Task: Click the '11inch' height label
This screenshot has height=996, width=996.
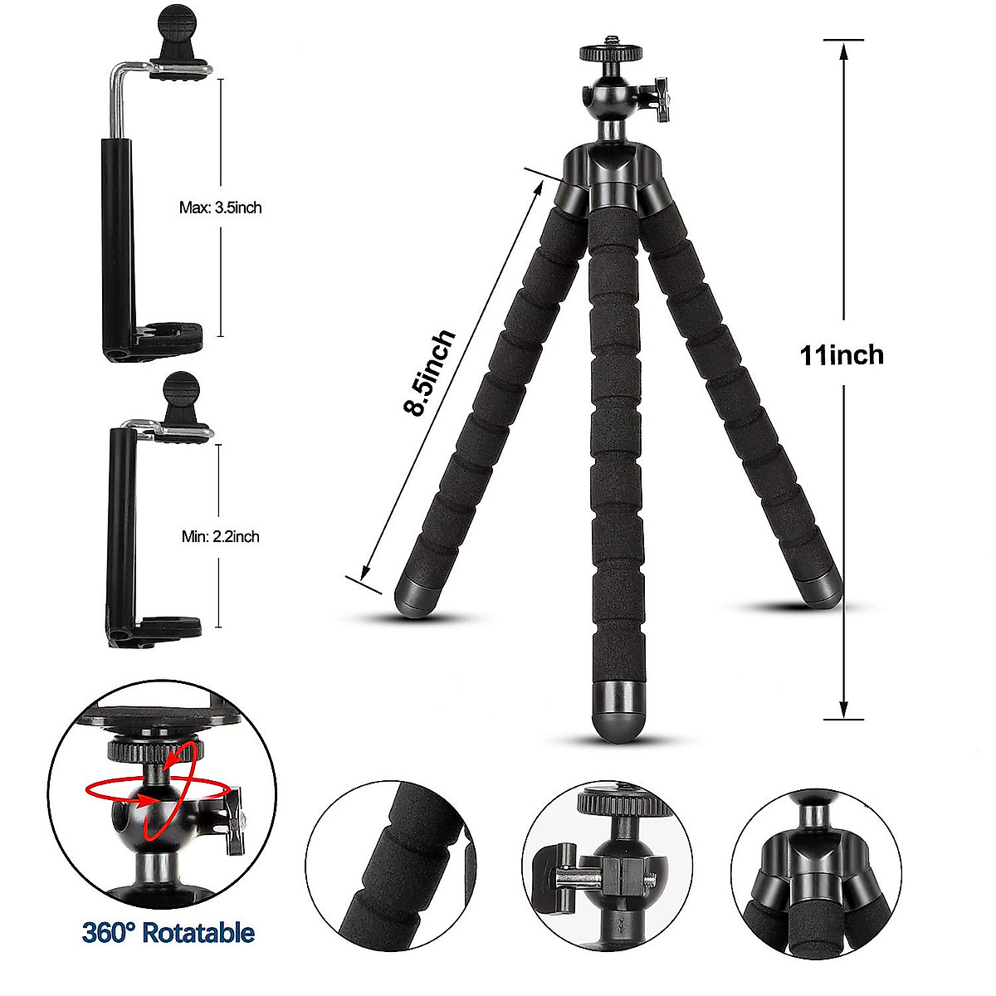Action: pos(842,355)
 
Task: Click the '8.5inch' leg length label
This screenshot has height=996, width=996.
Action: pos(429,373)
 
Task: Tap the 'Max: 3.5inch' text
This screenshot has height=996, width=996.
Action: pos(220,207)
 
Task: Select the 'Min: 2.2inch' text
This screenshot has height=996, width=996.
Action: pos(220,537)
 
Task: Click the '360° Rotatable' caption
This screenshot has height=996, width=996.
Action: pos(168,932)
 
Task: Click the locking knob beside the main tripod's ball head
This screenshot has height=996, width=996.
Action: pos(662,100)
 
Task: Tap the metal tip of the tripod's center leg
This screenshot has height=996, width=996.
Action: pos(618,710)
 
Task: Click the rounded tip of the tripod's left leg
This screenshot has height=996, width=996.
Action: pos(412,595)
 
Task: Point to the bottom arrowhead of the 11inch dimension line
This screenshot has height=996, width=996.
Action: pos(843,710)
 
